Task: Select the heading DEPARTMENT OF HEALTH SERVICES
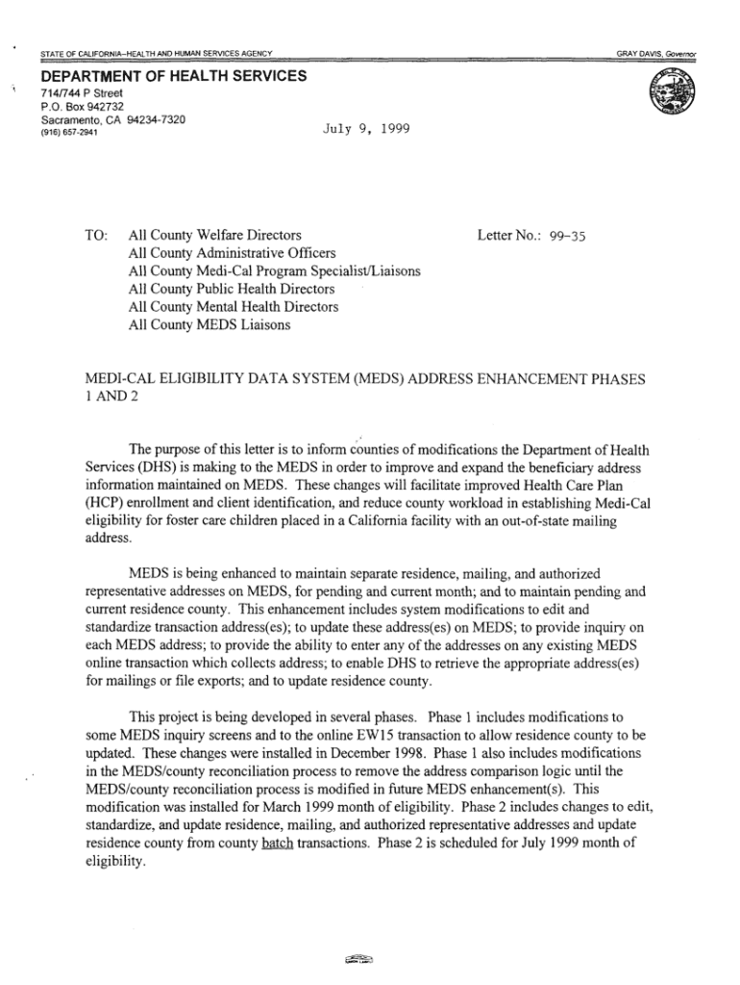click(173, 76)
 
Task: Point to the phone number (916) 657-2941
click(68, 133)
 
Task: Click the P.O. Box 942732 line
click(83, 106)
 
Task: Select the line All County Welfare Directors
click(214, 235)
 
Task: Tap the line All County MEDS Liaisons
click(209, 325)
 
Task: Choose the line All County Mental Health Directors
click(233, 307)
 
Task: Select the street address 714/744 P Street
click(82, 93)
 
